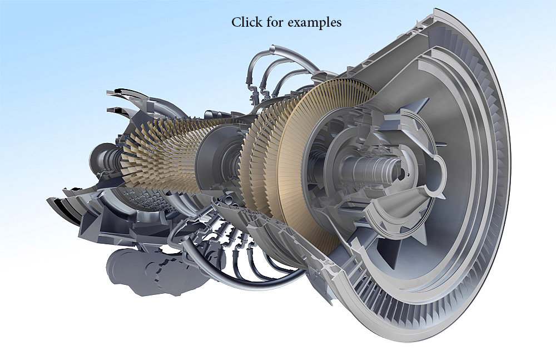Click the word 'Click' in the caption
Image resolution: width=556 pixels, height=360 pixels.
(245, 23)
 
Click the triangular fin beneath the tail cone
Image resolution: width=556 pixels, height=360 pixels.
(398, 250)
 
